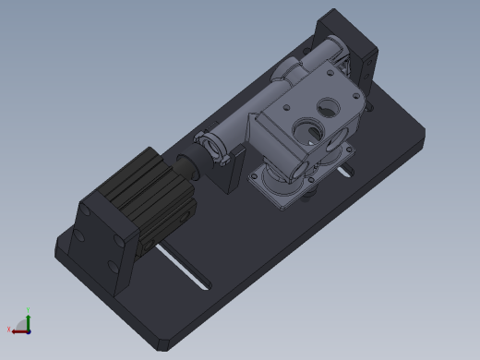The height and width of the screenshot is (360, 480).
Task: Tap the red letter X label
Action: coord(9,329)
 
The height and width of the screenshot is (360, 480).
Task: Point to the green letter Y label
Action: coord(29,310)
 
